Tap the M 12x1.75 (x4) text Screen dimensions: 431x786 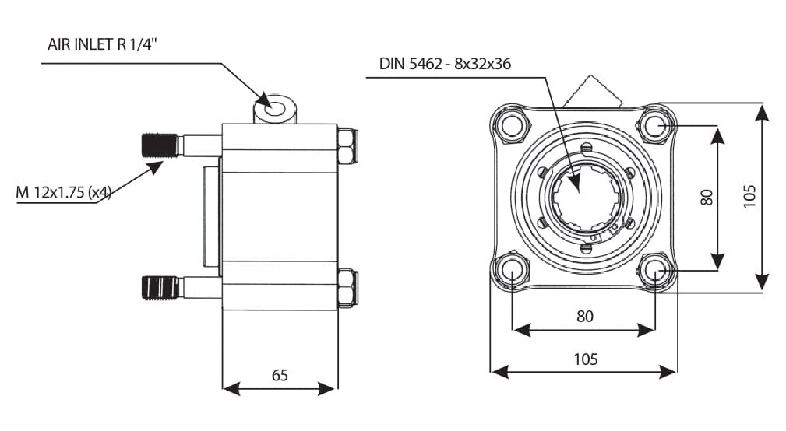pos(64,191)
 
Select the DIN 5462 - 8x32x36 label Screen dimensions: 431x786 pos(445,64)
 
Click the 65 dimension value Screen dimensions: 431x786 pos(280,375)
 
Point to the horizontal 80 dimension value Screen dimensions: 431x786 pos(584,316)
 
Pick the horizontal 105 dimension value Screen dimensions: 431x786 pos(585,359)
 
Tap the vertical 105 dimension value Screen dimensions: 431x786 pos(749,198)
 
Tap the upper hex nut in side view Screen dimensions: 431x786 pos(347,146)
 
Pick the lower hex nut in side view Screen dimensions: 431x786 pos(347,288)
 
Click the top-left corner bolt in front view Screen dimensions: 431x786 pos(512,124)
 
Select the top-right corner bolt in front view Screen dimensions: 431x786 pos(654,124)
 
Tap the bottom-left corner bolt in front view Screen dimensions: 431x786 pos(512,270)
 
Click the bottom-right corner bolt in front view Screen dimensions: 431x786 pos(654,270)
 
